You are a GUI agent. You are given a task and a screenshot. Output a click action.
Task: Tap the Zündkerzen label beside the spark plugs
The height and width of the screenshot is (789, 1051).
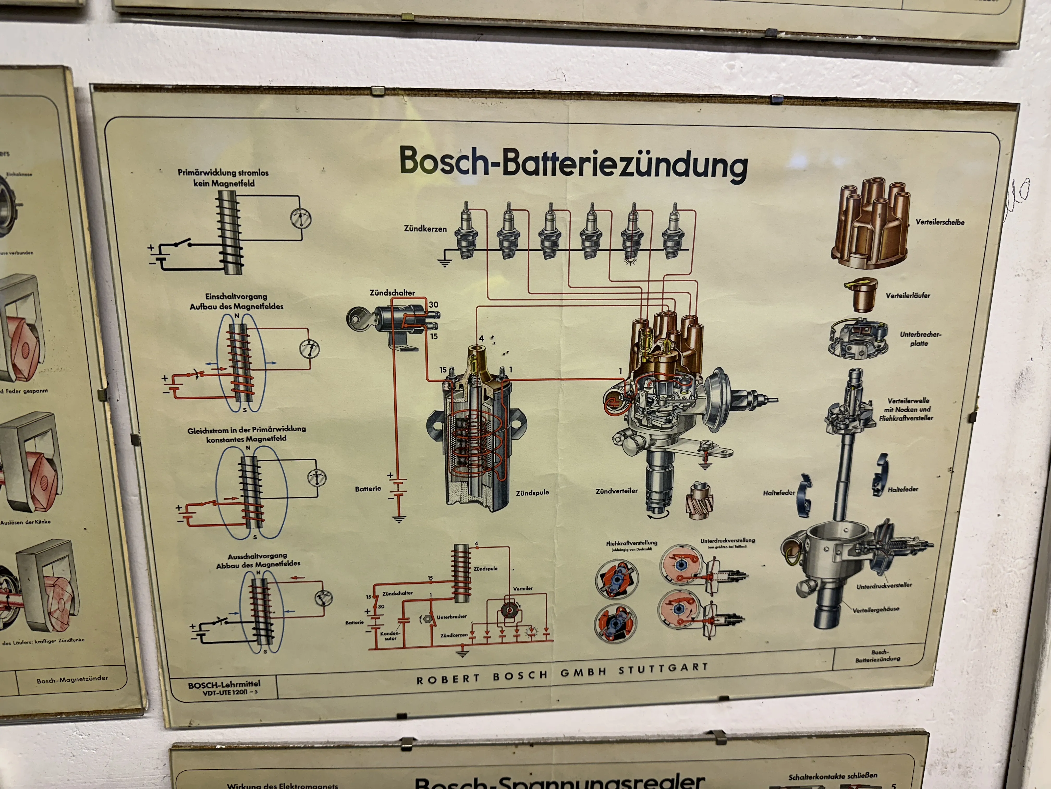425,229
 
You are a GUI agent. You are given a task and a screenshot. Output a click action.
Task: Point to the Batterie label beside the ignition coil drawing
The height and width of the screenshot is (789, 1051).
368,488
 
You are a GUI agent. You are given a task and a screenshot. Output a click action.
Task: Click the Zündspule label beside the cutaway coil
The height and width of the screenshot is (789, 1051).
532,493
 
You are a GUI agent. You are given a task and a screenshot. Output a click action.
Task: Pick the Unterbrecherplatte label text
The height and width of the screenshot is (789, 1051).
920,339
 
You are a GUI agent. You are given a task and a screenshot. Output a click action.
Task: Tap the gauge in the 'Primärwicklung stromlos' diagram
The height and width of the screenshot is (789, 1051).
300,218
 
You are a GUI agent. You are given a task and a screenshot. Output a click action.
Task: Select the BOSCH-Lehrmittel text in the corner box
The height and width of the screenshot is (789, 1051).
224,685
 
